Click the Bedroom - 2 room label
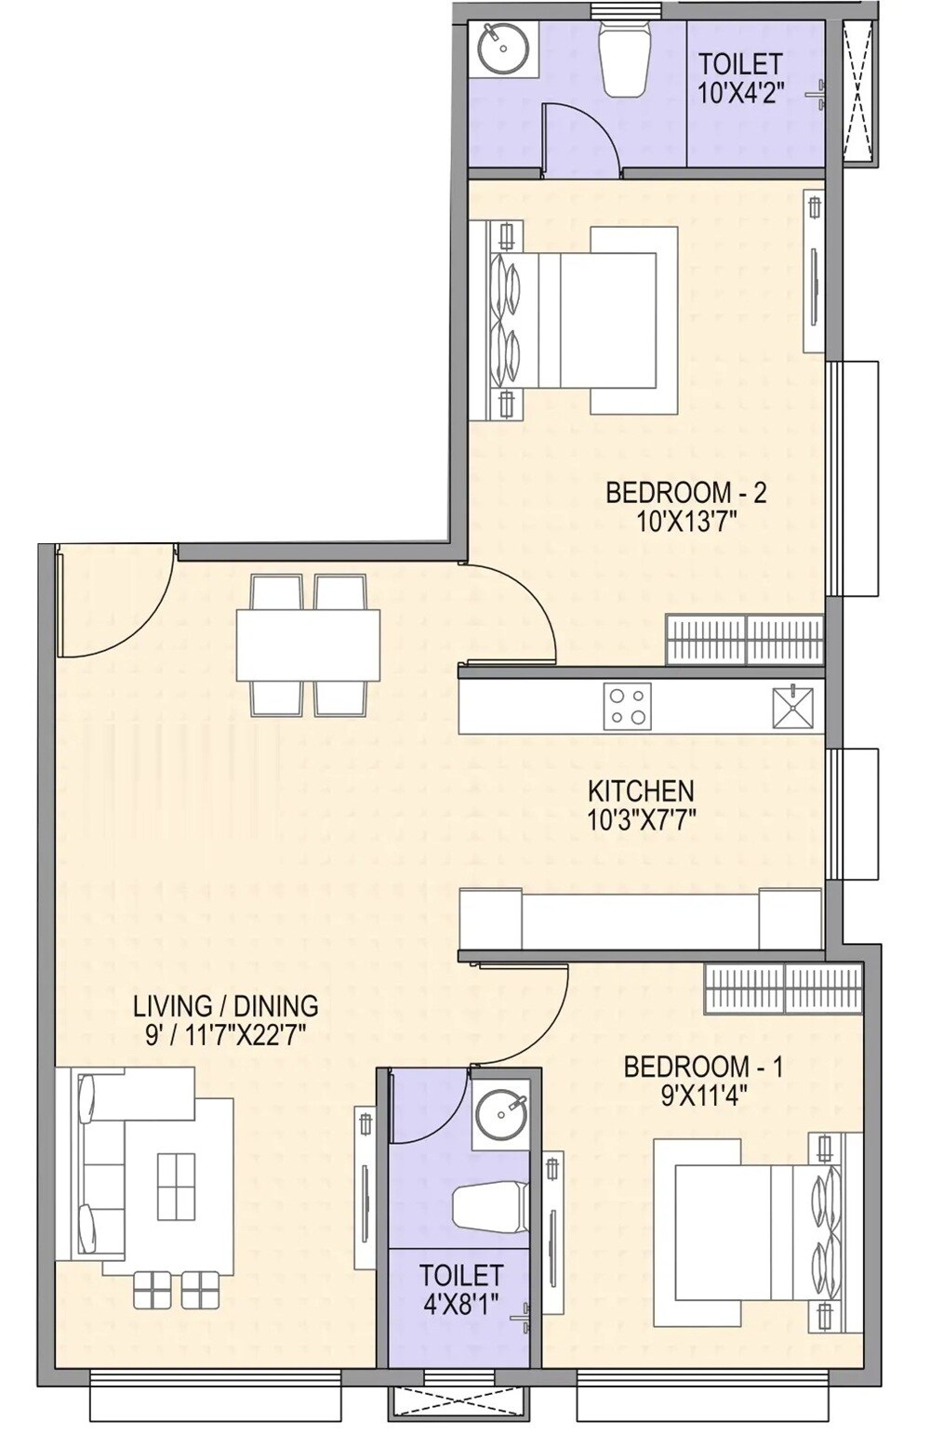coord(685,492)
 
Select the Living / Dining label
coord(225,1005)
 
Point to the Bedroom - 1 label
coord(703,1066)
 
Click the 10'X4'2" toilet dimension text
coord(741,92)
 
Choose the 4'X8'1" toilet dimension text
coord(461,1303)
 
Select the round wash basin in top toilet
coord(504,48)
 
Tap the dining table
coord(308,644)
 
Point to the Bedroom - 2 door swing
coord(517,614)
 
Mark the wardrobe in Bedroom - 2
coord(745,640)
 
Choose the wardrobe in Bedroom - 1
coord(783,988)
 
